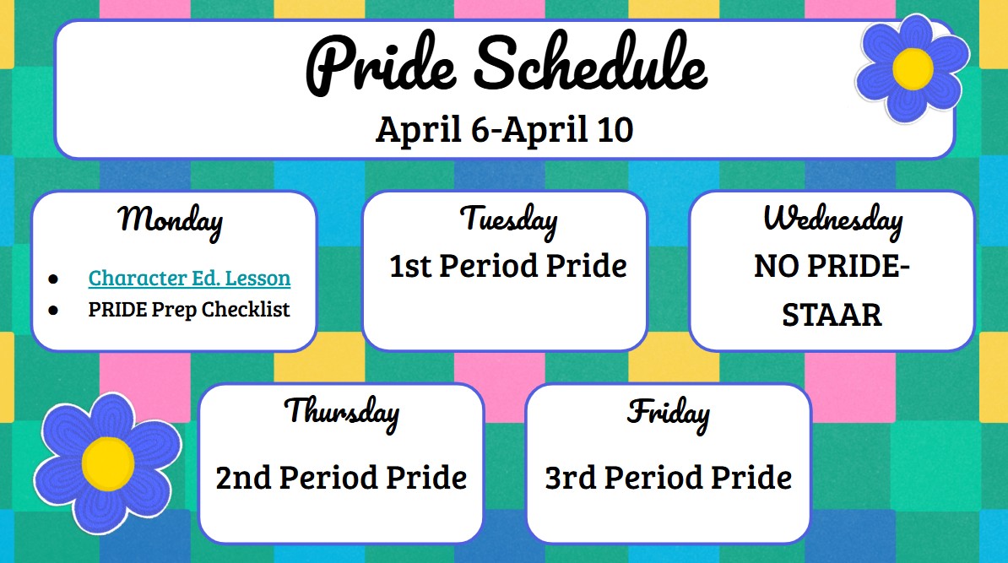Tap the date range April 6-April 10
[504, 130]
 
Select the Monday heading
[171, 220]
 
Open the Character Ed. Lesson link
[189, 278]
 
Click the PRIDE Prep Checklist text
[189, 310]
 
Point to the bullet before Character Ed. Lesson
[54, 279]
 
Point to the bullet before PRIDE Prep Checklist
[54, 311]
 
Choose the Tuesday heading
[508, 219]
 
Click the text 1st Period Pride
[508, 267]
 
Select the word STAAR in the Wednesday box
[832, 315]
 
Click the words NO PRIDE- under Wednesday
[832, 268]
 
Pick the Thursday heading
[341, 412]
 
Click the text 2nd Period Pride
[341, 478]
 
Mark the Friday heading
[668, 413]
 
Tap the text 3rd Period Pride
[668, 478]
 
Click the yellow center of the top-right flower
[913, 66]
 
